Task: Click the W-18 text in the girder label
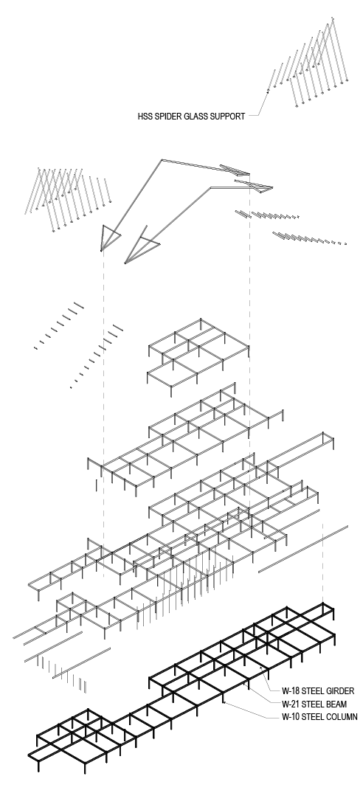tap(293, 691)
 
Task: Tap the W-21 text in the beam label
tap(293, 704)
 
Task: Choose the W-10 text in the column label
tap(293, 716)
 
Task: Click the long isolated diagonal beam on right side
tap(302, 550)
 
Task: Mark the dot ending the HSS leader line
tap(267, 91)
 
